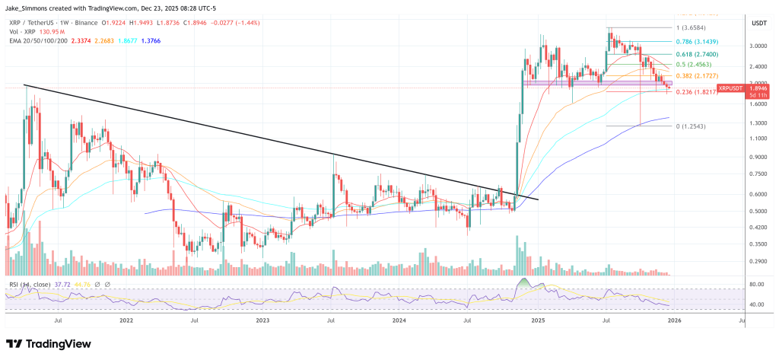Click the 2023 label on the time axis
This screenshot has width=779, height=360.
(262, 322)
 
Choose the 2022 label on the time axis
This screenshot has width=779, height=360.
(126, 322)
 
